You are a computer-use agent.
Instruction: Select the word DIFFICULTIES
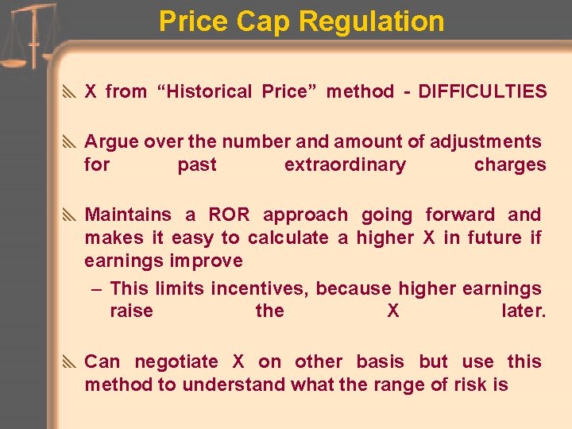[x=482, y=91]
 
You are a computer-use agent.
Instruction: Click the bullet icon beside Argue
[x=70, y=142]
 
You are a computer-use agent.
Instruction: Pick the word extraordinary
[x=345, y=165]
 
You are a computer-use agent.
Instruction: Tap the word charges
[x=510, y=165]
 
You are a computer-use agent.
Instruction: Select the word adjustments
[x=485, y=142]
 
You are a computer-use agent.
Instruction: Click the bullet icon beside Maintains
[x=70, y=215]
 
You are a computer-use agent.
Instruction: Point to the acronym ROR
[x=229, y=215]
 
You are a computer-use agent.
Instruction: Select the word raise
[x=131, y=311]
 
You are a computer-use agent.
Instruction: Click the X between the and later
[x=393, y=311]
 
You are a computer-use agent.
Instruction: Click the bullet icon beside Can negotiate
[x=70, y=362]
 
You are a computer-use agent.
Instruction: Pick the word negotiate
[x=176, y=362]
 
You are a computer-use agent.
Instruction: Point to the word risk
[x=461, y=385]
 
